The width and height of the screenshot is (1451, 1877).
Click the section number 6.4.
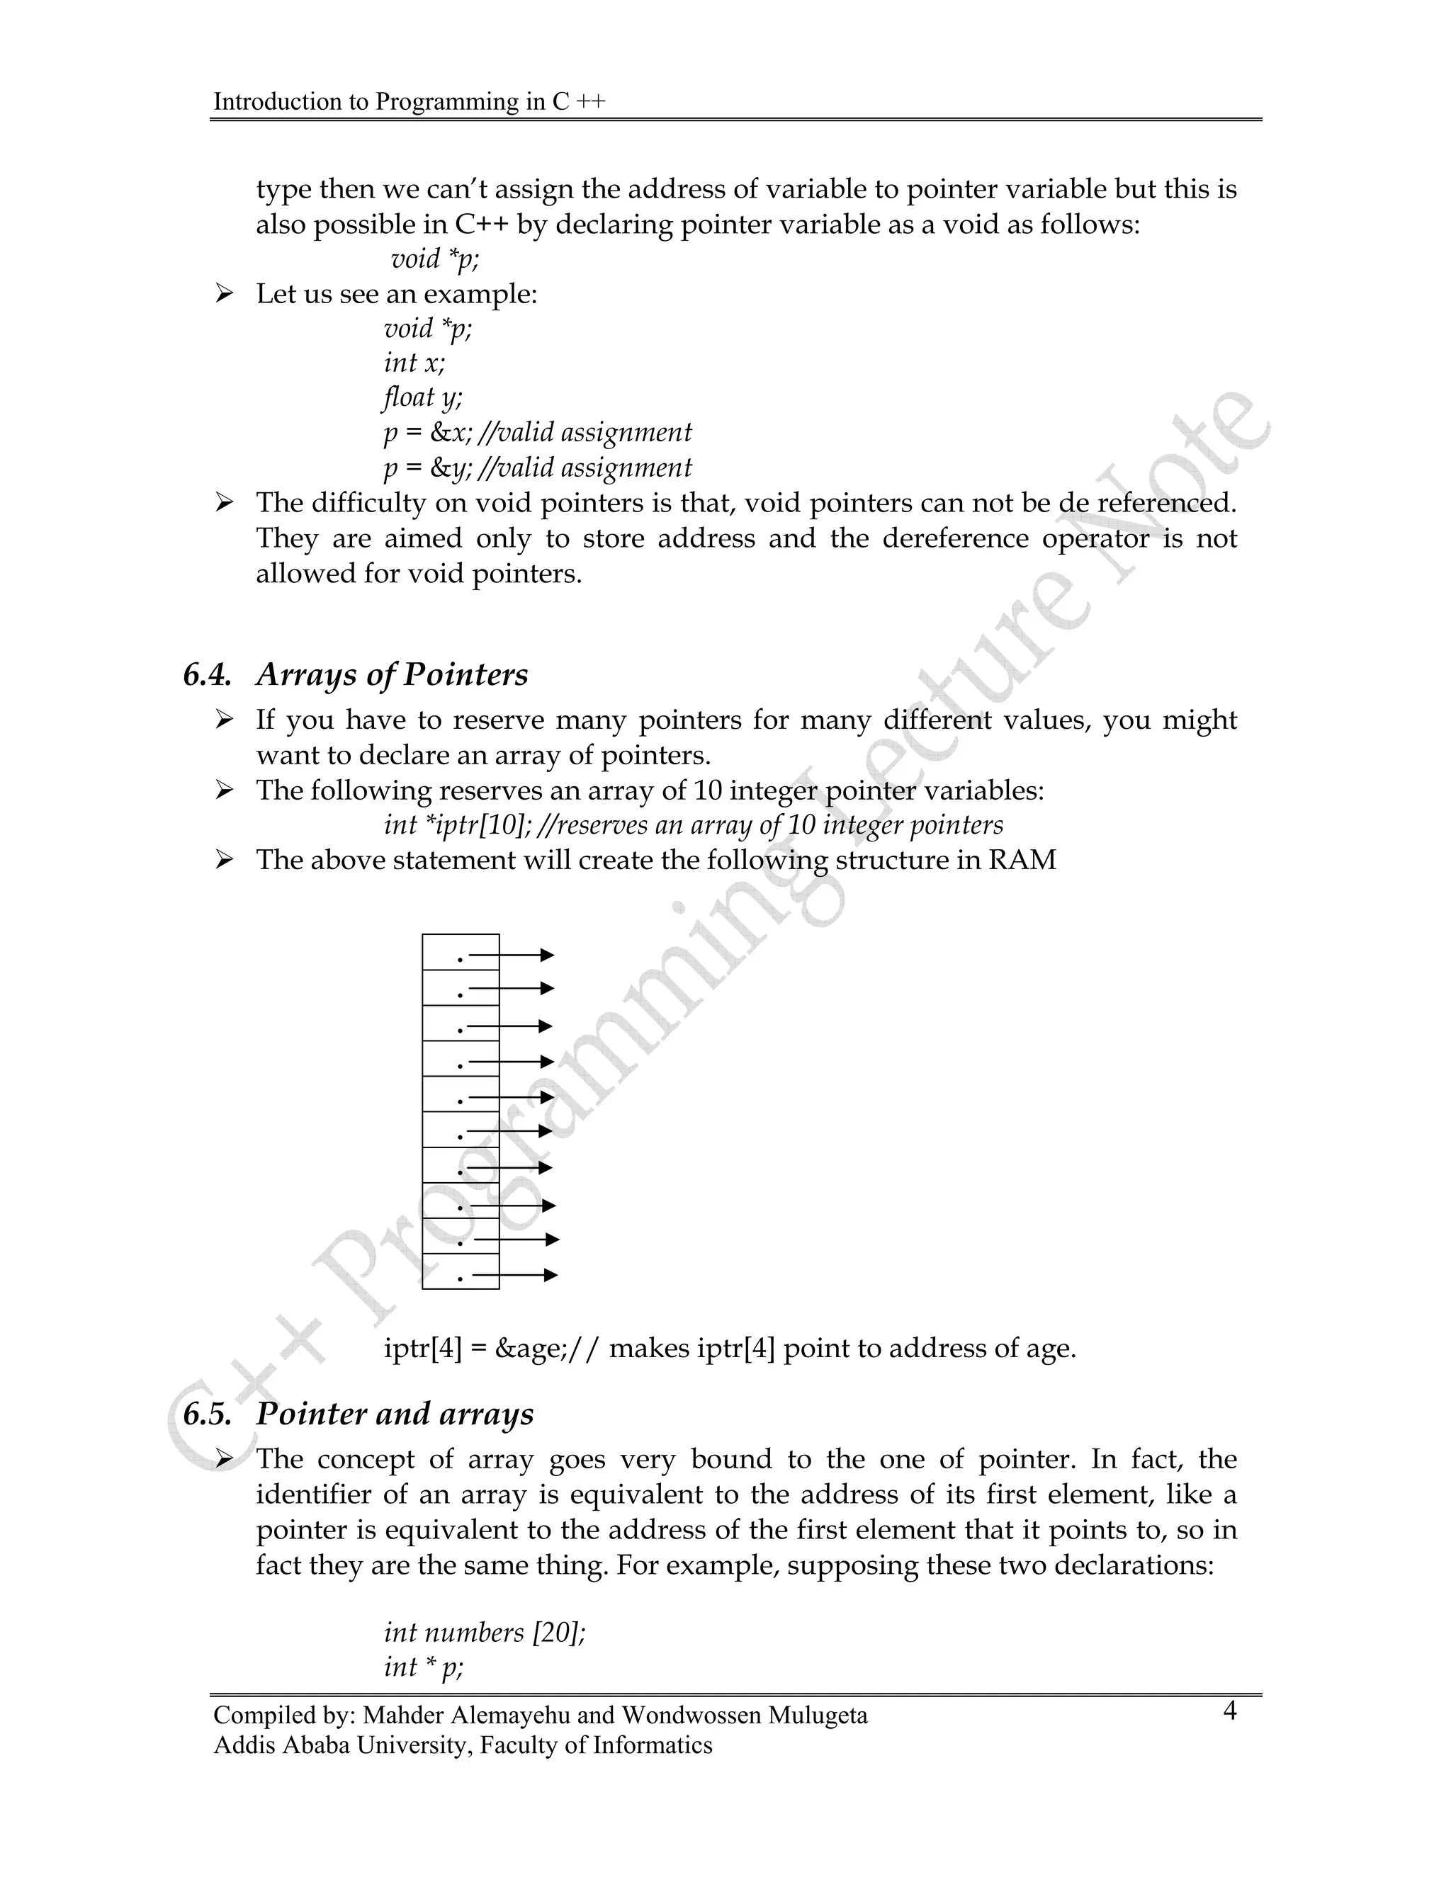(207, 676)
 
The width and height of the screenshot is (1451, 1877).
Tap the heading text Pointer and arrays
(395, 1414)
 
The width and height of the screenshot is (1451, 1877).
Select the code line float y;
(422, 397)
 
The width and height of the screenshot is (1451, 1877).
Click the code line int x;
(414, 363)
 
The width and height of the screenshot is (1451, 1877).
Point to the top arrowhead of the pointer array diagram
(547, 955)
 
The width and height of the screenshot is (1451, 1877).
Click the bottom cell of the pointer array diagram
(460, 1271)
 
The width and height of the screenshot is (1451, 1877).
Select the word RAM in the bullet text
(1022, 861)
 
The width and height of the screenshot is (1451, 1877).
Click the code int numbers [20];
(484, 1632)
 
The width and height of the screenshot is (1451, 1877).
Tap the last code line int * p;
(423, 1667)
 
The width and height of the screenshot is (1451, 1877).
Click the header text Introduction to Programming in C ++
(410, 101)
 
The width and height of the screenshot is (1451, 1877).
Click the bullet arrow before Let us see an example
(225, 295)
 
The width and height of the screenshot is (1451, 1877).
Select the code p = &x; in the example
(427, 432)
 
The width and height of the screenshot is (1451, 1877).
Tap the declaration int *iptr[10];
(460, 826)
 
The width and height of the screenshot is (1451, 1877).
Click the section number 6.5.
(207, 1414)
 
